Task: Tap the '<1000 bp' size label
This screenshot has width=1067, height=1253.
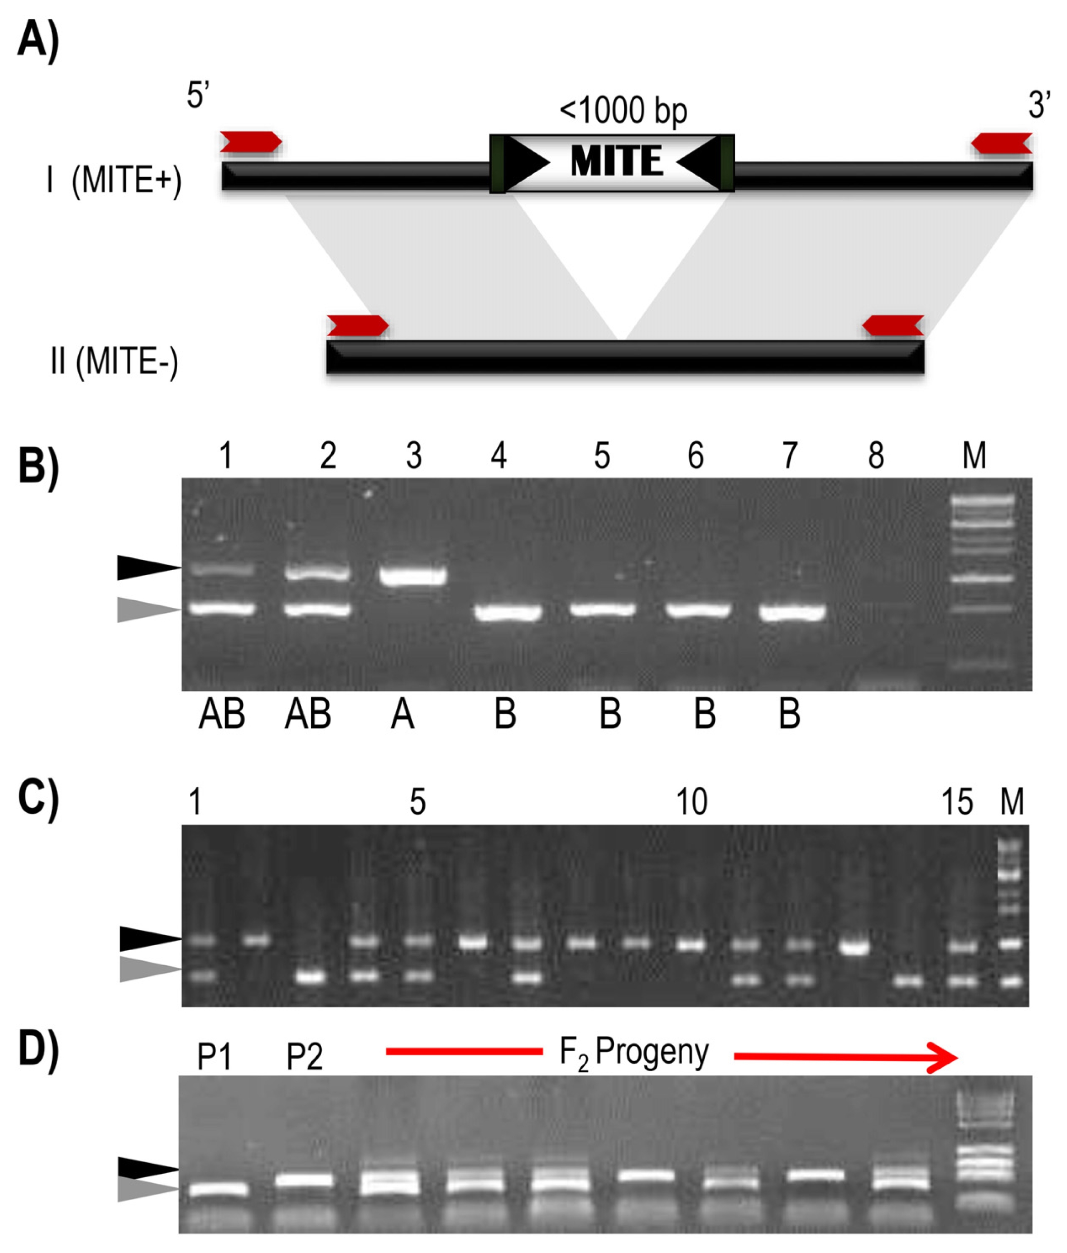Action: (x=623, y=111)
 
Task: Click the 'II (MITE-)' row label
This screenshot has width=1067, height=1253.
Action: (x=115, y=361)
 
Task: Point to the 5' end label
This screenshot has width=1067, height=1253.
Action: (x=198, y=95)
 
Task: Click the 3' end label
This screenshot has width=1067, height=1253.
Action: (x=1039, y=104)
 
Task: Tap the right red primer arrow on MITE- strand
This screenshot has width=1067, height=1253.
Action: (x=893, y=325)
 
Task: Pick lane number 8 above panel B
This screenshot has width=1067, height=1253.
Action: (x=876, y=455)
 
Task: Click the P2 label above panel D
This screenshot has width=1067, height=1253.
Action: (x=304, y=1057)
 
